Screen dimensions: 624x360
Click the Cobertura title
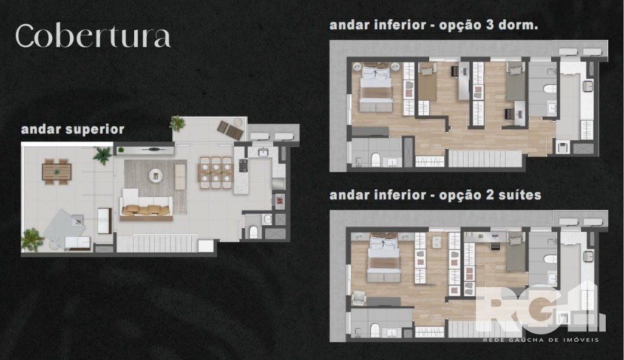tap(93, 36)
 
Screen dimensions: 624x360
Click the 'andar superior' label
tap(72, 129)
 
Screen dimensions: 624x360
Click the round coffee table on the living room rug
tap(155, 175)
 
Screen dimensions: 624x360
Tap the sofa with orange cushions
tap(146, 205)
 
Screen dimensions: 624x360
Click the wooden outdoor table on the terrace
tap(57, 172)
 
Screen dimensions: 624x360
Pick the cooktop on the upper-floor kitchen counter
tap(243, 165)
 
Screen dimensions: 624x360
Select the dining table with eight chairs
tap(215, 173)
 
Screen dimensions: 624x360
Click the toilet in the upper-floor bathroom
tap(253, 232)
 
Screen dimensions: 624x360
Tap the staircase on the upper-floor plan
tap(165, 243)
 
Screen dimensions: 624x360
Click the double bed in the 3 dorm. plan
tap(375, 87)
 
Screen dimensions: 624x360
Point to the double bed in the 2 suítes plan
tap(384, 258)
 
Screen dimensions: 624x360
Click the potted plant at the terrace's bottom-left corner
tap(32, 240)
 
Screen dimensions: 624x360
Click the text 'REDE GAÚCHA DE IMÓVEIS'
tap(540, 340)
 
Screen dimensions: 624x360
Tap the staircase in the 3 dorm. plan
tap(485, 158)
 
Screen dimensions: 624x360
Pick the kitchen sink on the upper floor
tap(263, 152)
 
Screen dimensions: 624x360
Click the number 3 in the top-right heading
tap(489, 25)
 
